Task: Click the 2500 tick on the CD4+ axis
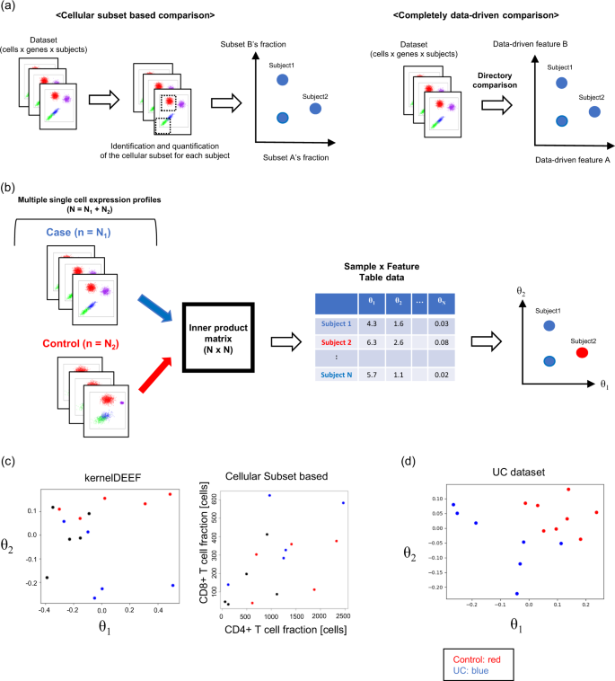click(x=342, y=616)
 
